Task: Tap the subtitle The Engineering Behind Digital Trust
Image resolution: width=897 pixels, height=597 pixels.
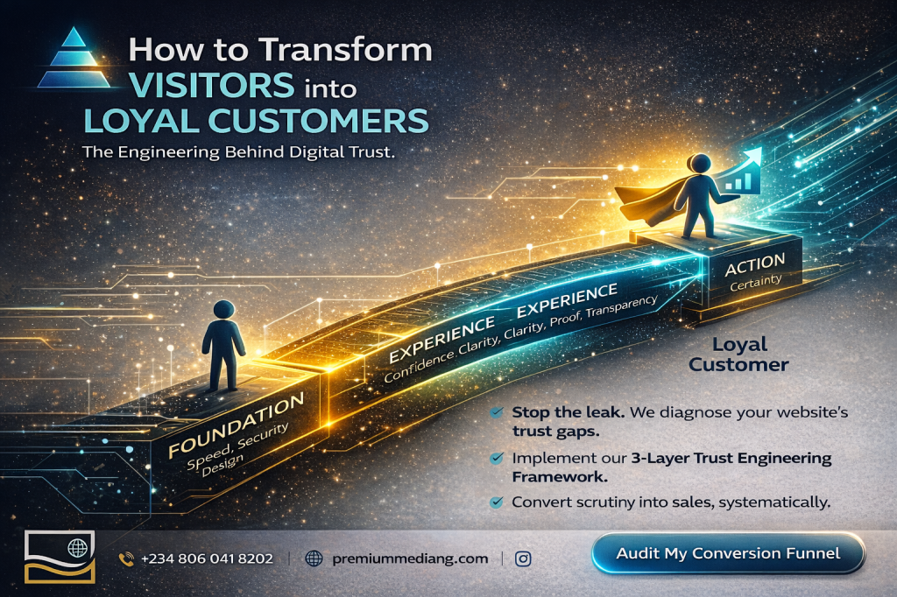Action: click(239, 151)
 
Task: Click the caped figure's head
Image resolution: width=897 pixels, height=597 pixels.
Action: click(700, 164)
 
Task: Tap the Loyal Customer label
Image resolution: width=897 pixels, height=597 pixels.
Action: click(738, 354)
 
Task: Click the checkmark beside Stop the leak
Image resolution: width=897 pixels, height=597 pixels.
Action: click(497, 411)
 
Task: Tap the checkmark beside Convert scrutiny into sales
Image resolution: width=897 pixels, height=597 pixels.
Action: click(497, 502)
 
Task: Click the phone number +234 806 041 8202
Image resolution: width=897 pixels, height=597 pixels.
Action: click(207, 558)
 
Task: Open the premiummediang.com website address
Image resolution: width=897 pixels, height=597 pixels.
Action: click(410, 558)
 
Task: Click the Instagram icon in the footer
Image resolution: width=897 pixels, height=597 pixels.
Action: click(523, 558)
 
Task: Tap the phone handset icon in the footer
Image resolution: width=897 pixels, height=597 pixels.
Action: click(126, 558)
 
